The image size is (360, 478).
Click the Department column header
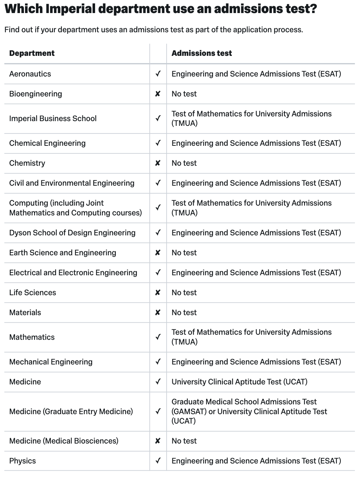pos(32,53)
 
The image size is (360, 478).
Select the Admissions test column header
pos(201,53)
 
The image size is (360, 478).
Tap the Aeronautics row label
pos(30,74)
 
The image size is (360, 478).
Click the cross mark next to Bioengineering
pos(158,94)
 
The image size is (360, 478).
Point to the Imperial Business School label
pos(53,119)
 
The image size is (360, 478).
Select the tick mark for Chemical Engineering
pos(158,143)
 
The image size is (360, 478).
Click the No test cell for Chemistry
pos(184,163)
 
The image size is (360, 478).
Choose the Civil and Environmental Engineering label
pos(72,183)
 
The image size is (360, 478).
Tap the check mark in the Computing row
pos(158,208)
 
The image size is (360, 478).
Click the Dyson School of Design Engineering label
pos(72,233)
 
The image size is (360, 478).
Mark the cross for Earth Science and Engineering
pos(158,253)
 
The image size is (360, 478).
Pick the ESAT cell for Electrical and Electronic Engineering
pos(256,273)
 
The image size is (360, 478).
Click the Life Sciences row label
pos(33,293)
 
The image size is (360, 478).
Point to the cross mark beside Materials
pos(158,313)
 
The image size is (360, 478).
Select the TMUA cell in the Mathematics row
pos(251,337)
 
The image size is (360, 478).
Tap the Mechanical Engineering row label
pos(51,362)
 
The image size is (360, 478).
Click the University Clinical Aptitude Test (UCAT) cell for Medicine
pos(240,382)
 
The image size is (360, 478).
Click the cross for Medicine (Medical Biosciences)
pos(158,441)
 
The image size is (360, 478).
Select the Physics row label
pos(22,461)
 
